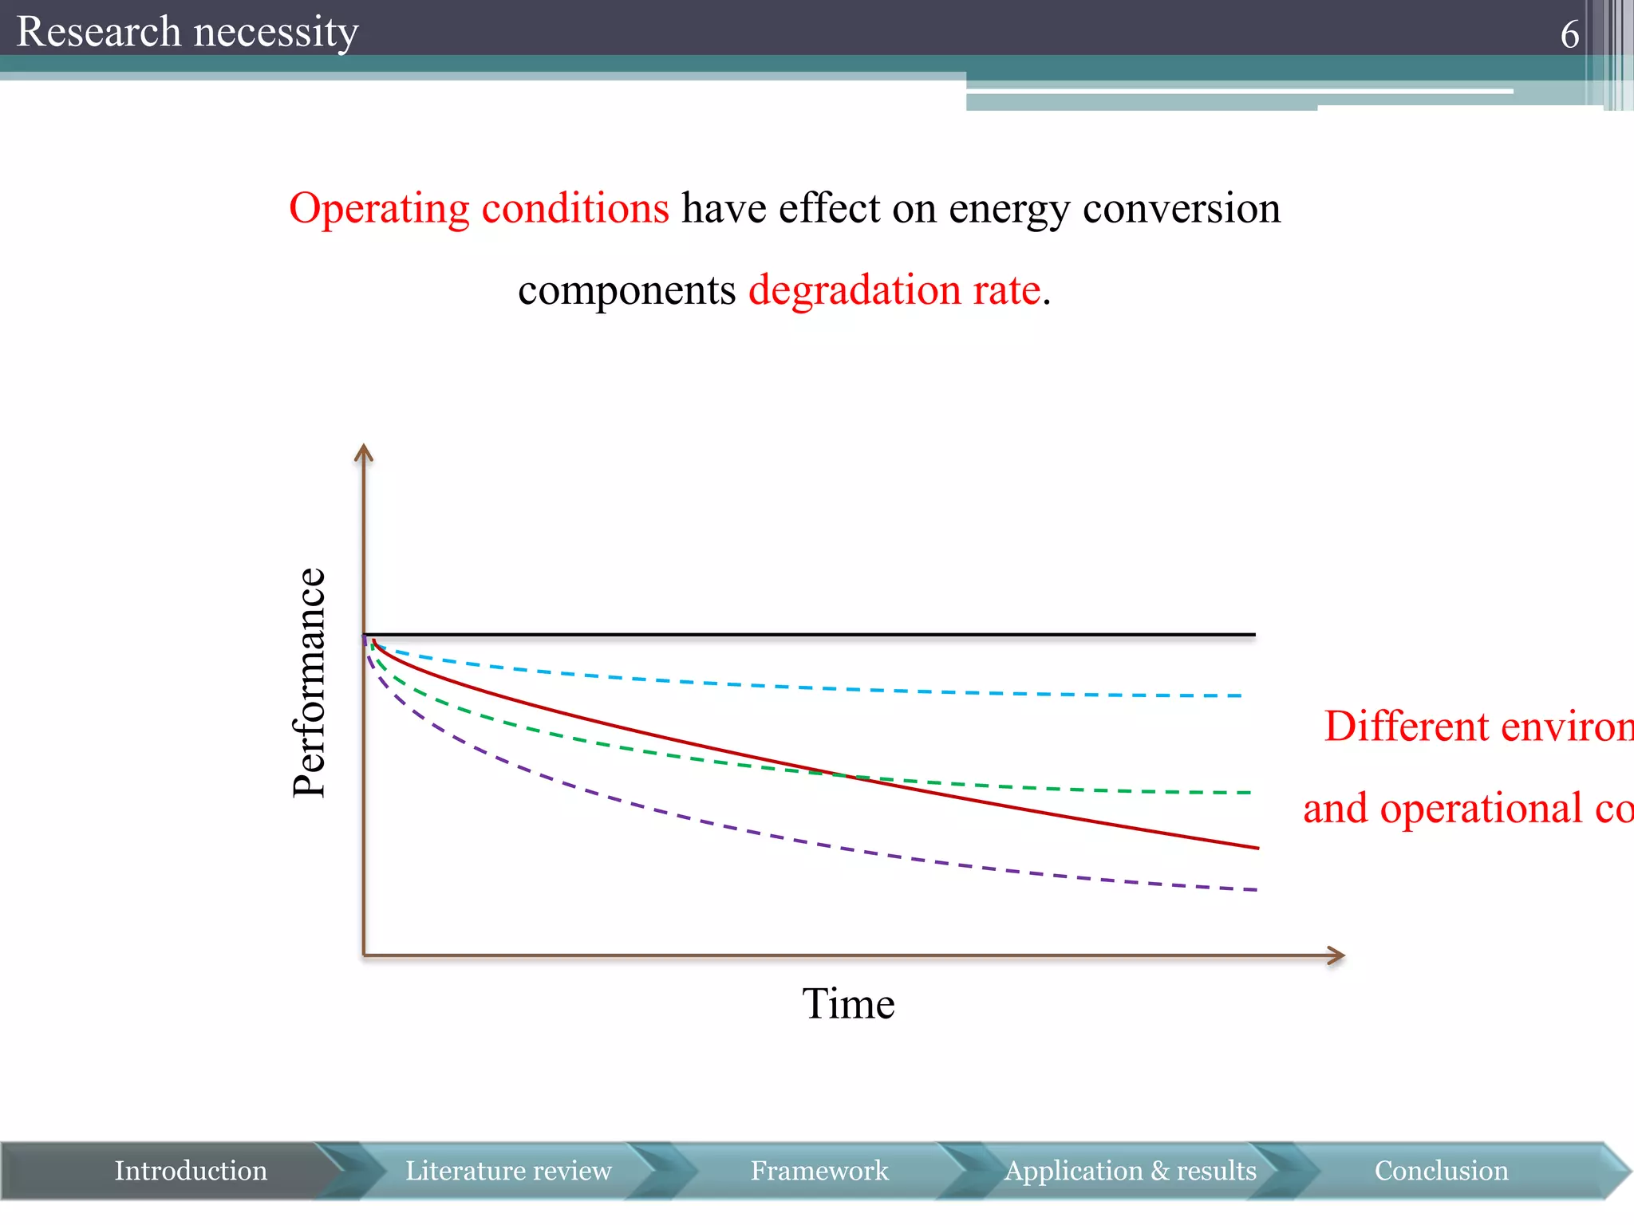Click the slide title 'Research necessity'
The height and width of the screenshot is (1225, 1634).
coord(187,32)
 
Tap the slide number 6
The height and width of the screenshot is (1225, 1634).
coord(1569,34)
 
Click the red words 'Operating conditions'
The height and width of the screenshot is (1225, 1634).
coord(479,208)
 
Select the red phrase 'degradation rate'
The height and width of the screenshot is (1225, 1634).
coord(894,290)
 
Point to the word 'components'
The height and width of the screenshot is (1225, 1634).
coord(626,290)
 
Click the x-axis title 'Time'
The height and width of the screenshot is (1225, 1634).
coord(848,1003)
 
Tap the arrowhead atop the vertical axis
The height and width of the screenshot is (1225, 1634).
coord(364,452)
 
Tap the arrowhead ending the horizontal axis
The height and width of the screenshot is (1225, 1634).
coord(1337,955)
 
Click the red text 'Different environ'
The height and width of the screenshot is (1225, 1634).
coord(1476,727)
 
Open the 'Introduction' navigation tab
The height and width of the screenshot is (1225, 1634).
coord(190,1171)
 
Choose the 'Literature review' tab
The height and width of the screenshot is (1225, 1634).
coord(508,1171)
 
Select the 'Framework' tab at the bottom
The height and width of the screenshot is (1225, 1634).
coord(819,1171)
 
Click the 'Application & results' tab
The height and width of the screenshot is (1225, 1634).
coord(1130,1171)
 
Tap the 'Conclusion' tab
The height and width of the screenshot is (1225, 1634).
coord(1441,1171)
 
